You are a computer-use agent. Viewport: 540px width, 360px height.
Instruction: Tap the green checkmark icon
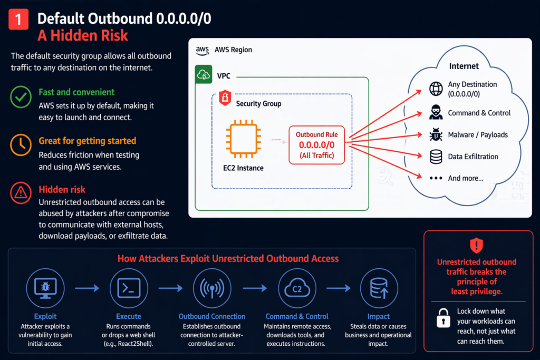point(21,98)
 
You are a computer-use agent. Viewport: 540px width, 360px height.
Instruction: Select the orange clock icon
point(21,147)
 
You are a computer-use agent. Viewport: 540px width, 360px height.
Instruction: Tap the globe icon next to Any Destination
point(436,89)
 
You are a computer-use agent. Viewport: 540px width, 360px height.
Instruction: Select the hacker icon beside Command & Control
point(436,113)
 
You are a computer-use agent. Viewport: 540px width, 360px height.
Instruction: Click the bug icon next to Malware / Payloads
point(436,135)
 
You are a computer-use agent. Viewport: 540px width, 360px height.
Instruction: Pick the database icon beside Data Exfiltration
point(436,157)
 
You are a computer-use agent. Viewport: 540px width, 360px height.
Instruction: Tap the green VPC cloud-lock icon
point(204,75)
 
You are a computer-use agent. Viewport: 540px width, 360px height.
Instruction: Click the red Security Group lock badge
point(224,98)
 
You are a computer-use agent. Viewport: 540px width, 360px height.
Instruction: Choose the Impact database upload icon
point(378,288)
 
